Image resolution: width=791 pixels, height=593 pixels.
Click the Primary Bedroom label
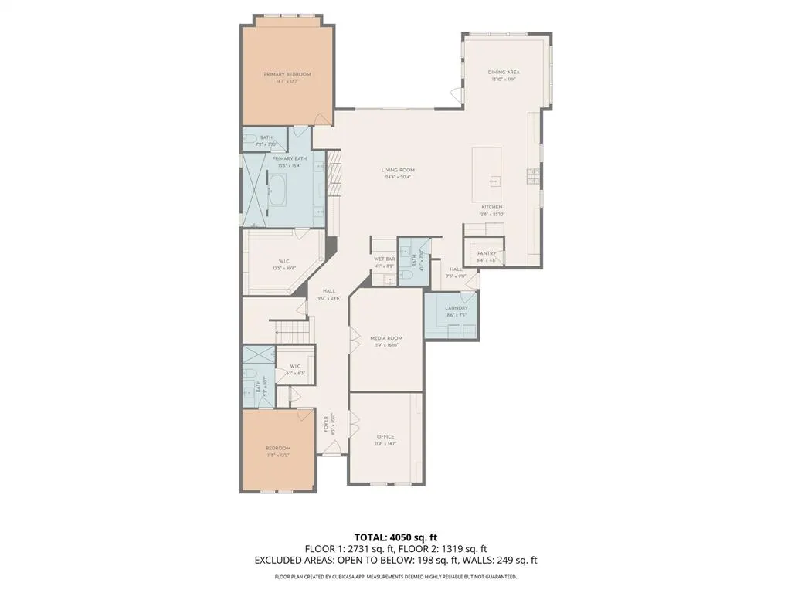(x=287, y=74)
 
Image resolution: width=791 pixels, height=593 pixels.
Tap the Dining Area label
(x=503, y=72)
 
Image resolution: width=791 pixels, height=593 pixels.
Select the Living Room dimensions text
(x=398, y=177)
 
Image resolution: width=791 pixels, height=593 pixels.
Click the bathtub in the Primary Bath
(x=277, y=188)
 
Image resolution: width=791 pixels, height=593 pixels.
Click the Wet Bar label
(x=384, y=259)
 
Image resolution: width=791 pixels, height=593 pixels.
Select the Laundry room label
(x=456, y=308)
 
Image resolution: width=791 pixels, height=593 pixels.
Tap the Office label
(x=385, y=436)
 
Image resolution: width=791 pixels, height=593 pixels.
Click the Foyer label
(x=327, y=424)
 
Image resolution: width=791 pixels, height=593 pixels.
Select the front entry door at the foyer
(x=330, y=455)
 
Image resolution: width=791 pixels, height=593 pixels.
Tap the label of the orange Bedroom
(x=278, y=448)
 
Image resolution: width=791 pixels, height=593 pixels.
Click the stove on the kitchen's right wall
(x=532, y=177)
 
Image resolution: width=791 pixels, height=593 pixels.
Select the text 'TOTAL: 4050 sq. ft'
(x=395, y=537)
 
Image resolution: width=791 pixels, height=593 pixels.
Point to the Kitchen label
(x=492, y=207)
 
